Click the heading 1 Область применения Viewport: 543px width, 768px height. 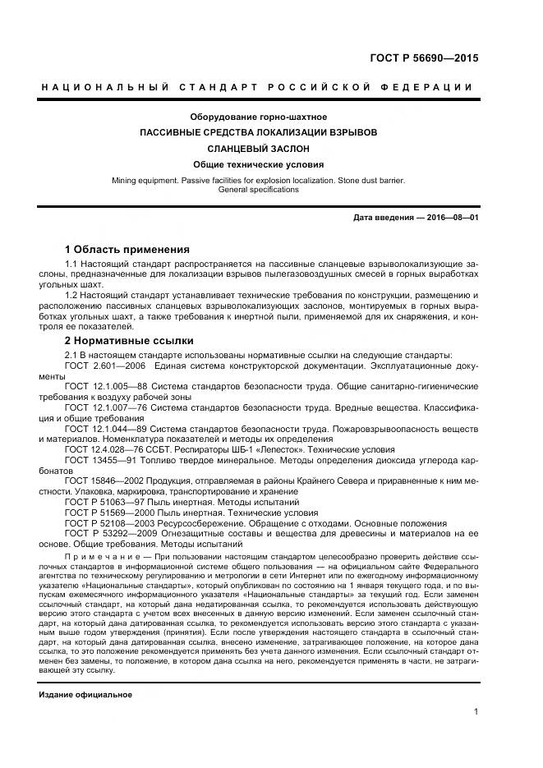click(127, 249)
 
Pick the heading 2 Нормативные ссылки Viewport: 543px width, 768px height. click(129, 339)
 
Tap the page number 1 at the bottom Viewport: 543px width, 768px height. click(476, 713)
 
